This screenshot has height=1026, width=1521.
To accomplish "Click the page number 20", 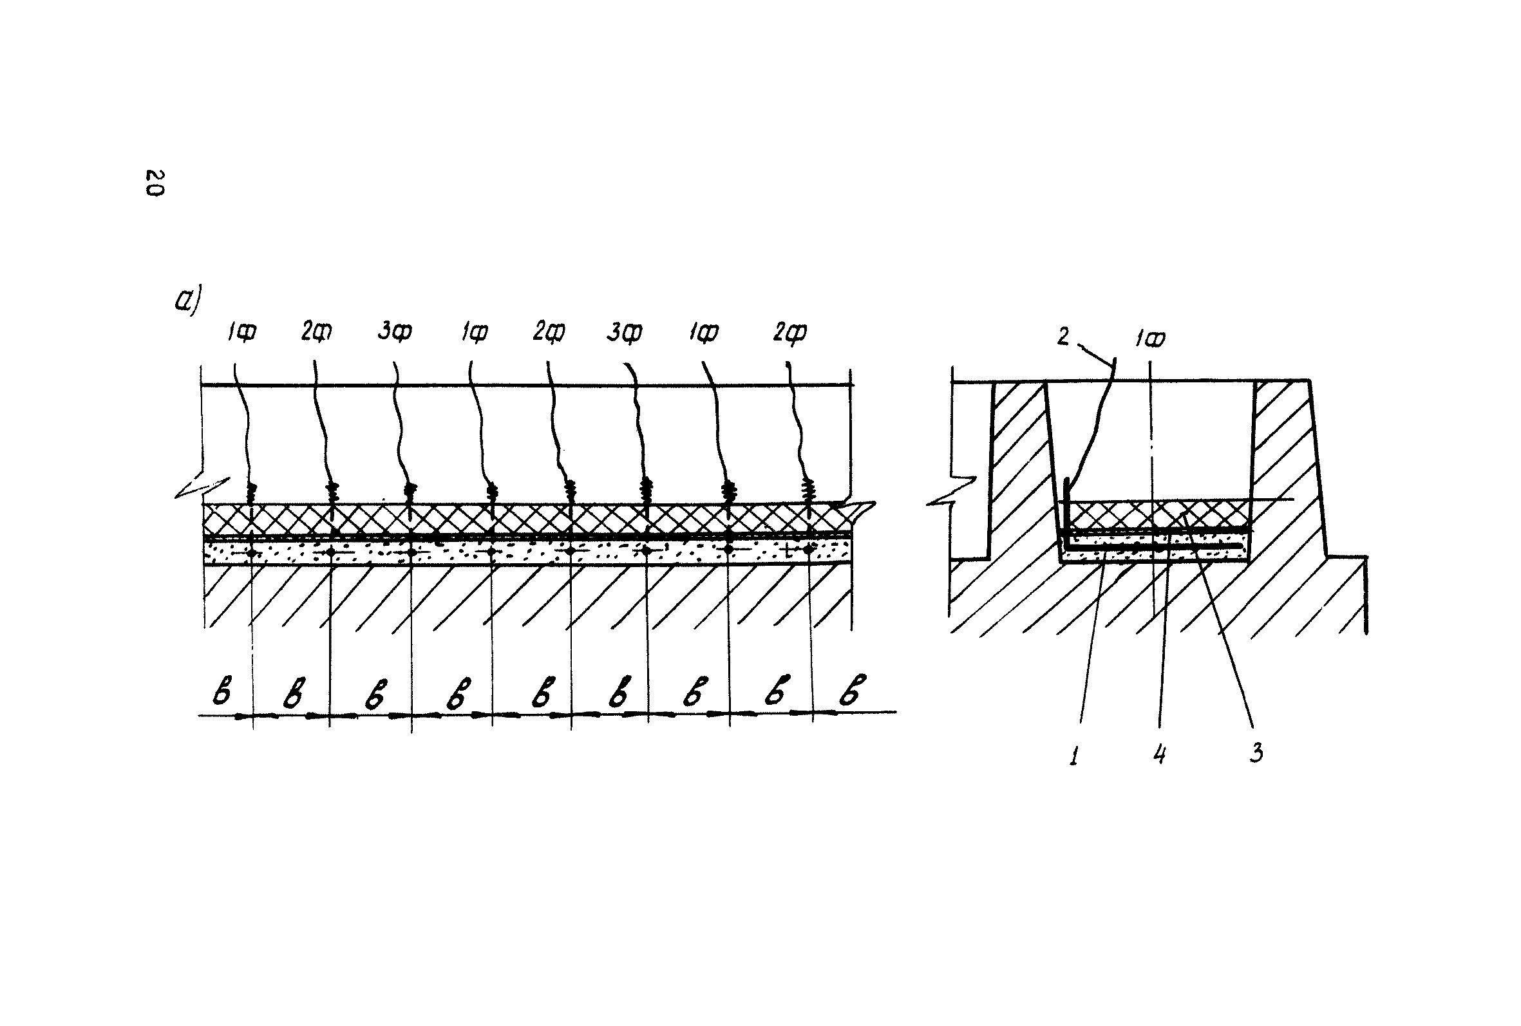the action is (155, 183).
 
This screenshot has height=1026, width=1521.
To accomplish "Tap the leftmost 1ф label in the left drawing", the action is (241, 332).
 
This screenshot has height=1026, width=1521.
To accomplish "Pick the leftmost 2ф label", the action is (316, 331).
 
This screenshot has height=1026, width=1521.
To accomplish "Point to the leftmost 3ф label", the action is (395, 331).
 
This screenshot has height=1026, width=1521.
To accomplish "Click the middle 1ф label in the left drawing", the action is (474, 332).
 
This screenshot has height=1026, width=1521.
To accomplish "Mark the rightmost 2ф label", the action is (789, 332).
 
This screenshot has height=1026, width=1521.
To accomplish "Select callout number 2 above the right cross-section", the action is (1063, 337).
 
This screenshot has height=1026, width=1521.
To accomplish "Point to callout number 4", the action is (1159, 755).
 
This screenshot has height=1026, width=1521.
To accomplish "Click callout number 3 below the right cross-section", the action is (1256, 753).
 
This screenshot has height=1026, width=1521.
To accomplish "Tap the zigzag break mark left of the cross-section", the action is (952, 490).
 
